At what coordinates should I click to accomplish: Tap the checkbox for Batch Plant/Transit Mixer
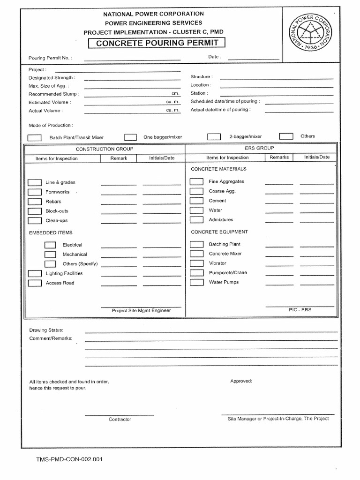34,138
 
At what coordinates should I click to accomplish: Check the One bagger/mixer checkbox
130,137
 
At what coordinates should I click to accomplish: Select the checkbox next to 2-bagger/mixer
214,137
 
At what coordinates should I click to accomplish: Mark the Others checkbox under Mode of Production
286,136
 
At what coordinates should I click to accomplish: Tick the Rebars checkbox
34,202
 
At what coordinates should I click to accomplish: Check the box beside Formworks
34,192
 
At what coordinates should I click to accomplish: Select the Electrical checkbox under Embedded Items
50,245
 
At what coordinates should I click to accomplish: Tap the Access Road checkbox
34,283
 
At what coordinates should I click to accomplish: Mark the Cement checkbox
196,201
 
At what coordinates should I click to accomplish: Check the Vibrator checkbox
196,263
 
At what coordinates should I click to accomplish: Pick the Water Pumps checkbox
196,282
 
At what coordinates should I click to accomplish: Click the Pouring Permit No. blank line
132,59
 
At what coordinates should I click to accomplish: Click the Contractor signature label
120,419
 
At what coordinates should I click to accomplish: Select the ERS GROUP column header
259,148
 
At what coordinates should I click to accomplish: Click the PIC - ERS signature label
300,310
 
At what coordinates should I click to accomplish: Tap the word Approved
241,381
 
